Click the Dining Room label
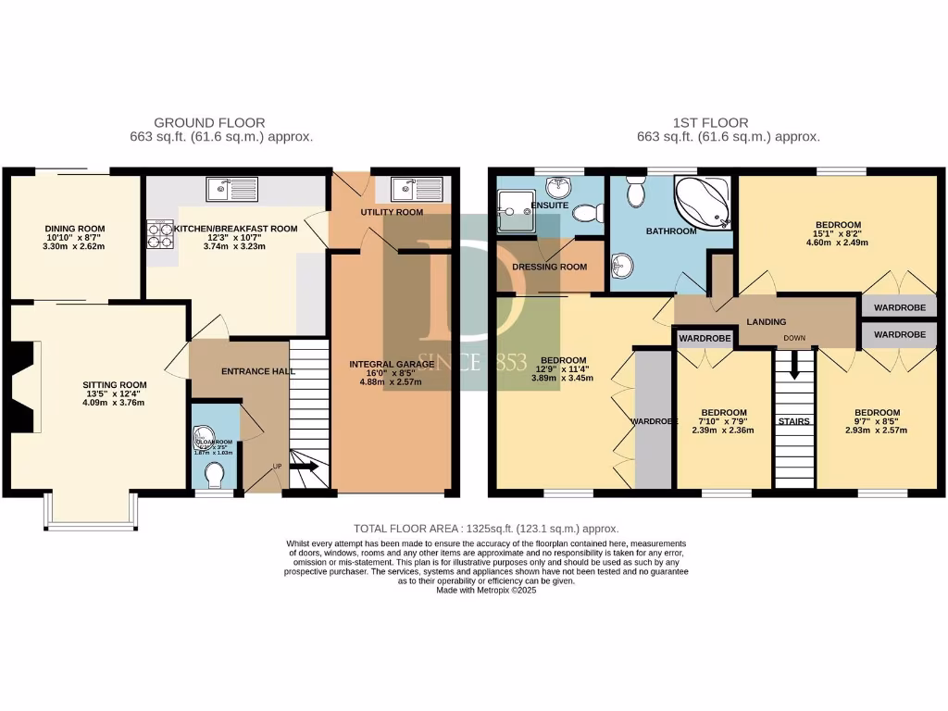[75, 229]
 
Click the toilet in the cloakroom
[216, 474]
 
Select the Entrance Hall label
[258, 371]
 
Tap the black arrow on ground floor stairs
[306, 468]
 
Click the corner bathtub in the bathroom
[702, 203]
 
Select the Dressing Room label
[550, 267]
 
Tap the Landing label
[767, 321]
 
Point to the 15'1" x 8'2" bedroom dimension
[838, 235]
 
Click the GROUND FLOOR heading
[209, 122]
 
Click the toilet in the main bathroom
[636, 193]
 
